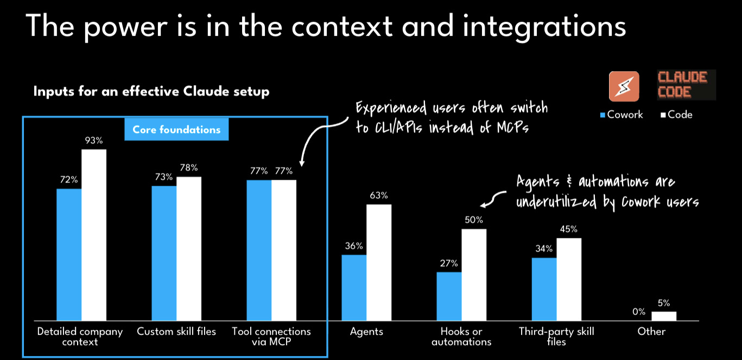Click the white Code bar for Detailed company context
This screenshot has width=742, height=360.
94,235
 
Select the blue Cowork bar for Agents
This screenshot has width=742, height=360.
354,287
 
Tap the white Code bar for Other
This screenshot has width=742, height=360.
664,315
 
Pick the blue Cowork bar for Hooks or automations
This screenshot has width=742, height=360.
449,296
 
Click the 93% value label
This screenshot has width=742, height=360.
94,141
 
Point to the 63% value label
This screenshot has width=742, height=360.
379,195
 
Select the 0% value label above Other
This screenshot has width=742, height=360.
639,312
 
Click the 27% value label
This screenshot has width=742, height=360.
449,263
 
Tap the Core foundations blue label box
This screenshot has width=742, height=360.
177,130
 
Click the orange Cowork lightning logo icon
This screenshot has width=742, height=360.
623,86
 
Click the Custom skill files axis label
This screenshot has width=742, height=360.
176,331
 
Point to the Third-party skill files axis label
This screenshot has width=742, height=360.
556,336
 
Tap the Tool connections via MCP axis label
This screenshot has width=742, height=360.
271,336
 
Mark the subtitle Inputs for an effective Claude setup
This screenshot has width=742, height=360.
151,91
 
